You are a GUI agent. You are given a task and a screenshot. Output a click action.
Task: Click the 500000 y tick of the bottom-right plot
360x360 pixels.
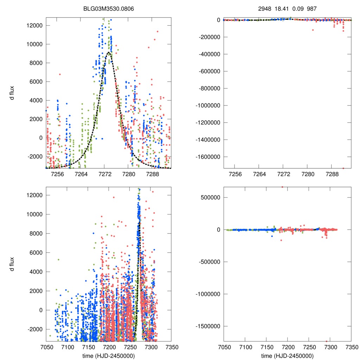click(x=211, y=197)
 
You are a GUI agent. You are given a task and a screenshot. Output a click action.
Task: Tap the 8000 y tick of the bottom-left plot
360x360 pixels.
click(x=37, y=233)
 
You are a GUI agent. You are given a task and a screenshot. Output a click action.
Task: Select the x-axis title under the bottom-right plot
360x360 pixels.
click(x=287, y=356)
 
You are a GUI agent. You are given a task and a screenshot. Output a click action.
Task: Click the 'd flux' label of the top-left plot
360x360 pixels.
click(x=12, y=93)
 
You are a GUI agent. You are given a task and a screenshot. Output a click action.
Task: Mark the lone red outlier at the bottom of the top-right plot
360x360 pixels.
click(x=343, y=168)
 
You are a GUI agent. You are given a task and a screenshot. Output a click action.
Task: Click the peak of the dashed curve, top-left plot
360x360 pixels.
click(x=109, y=53)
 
